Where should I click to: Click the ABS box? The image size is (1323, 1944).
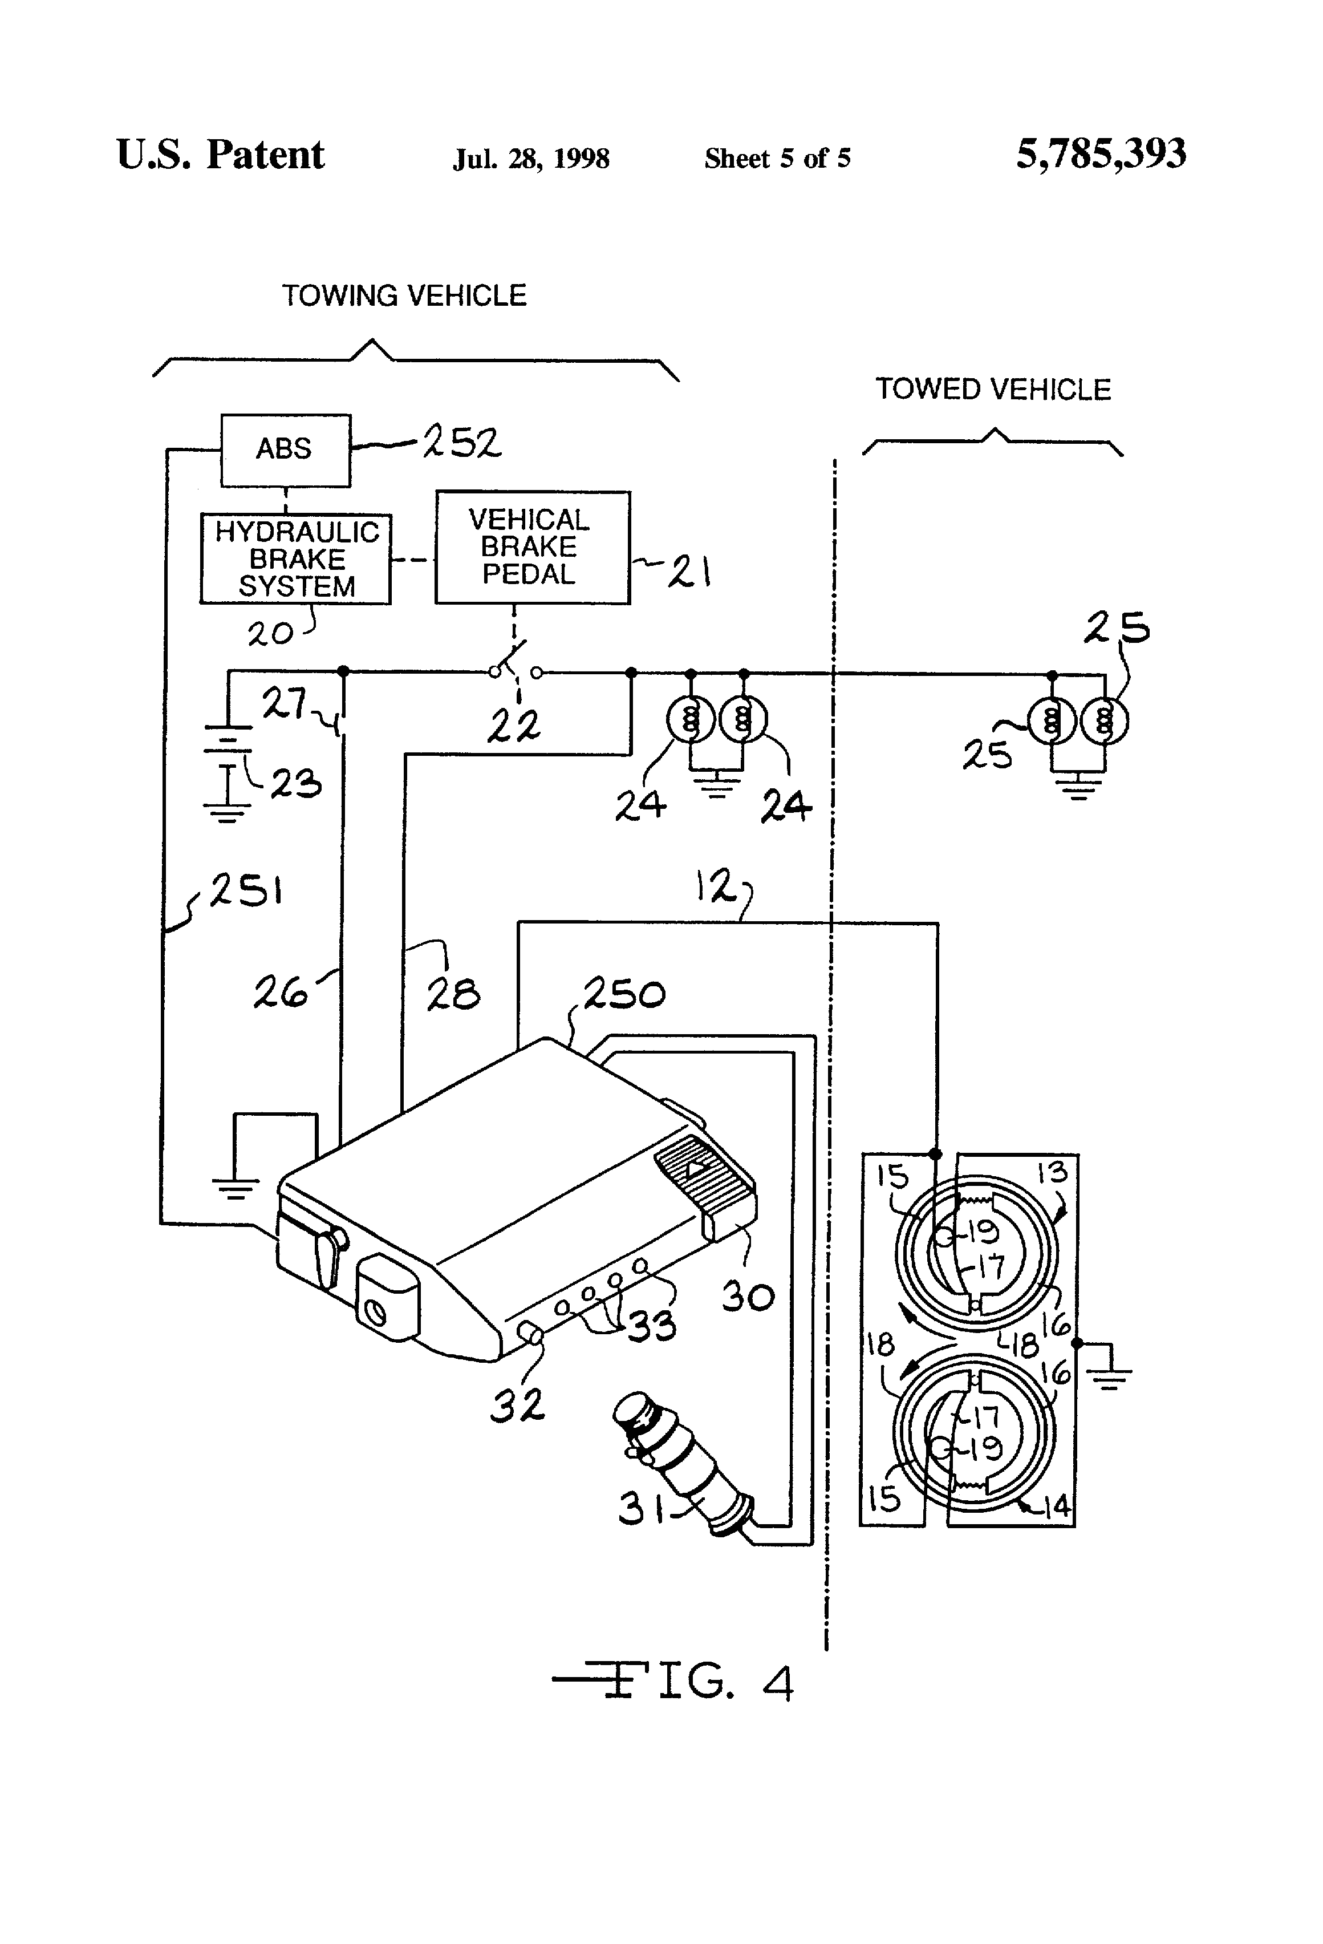pos(285,450)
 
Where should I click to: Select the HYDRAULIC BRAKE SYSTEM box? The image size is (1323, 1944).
pos(296,559)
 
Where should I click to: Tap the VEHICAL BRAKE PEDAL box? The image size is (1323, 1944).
pos(532,547)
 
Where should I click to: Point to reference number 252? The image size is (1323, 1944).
pos(462,443)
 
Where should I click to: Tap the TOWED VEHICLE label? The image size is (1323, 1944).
pos(993,390)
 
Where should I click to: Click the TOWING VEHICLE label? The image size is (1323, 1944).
pos(404,296)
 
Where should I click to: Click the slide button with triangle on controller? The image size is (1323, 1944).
pos(693,1169)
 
